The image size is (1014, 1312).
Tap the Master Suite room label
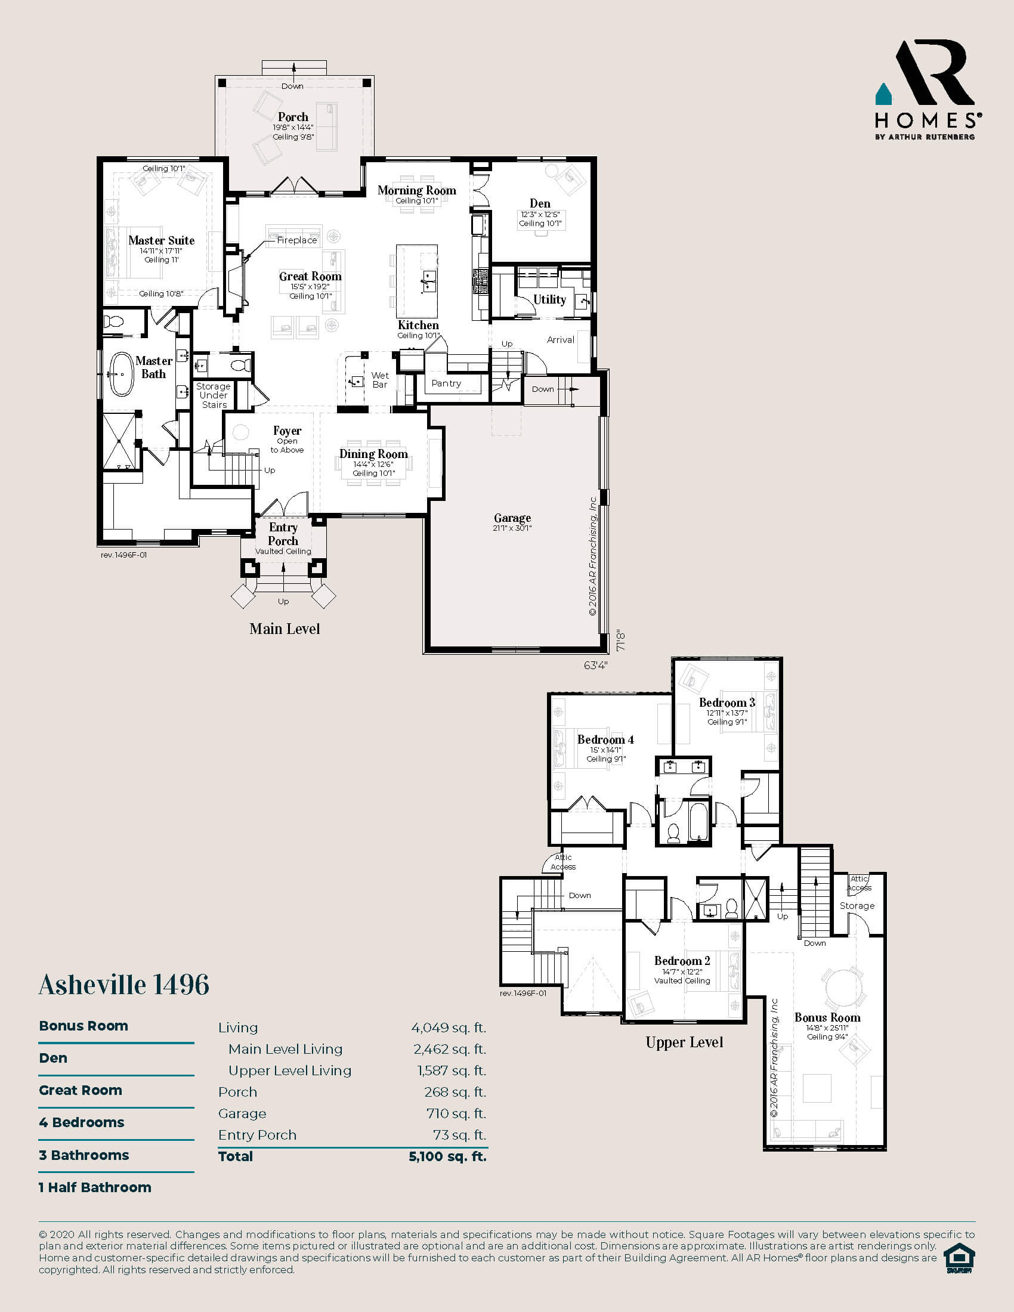pyautogui.click(x=162, y=240)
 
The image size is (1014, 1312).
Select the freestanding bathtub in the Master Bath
pyautogui.click(x=121, y=374)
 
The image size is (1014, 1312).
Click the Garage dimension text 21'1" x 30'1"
pyautogui.click(x=512, y=528)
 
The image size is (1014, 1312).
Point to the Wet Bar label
pyautogui.click(x=379, y=380)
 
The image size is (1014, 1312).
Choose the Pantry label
pyautogui.click(x=446, y=383)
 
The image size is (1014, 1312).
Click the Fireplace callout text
pyautogui.click(x=297, y=240)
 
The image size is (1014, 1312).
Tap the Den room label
pyautogui.click(x=540, y=203)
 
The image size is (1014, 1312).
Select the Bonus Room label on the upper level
pyautogui.click(x=827, y=1017)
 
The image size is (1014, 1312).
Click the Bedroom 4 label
pyautogui.click(x=605, y=739)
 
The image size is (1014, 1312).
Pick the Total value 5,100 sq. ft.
pyautogui.click(x=447, y=1156)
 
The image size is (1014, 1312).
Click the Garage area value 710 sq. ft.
pyautogui.click(x=456, y=1113)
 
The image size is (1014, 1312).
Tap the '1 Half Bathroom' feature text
pyautogui.click(x=95, y=1187)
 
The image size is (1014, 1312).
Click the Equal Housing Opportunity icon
pyautogui.click(x=959, y=1258)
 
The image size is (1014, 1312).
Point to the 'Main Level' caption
pyautogui.click(x=285, y=629)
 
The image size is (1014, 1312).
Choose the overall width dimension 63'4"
pyautogui.click(x=595, y=665)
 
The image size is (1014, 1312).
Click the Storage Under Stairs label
pyautogui.click(x=214, y=395)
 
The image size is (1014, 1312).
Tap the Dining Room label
pyautogui.click(x=373, y=454)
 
